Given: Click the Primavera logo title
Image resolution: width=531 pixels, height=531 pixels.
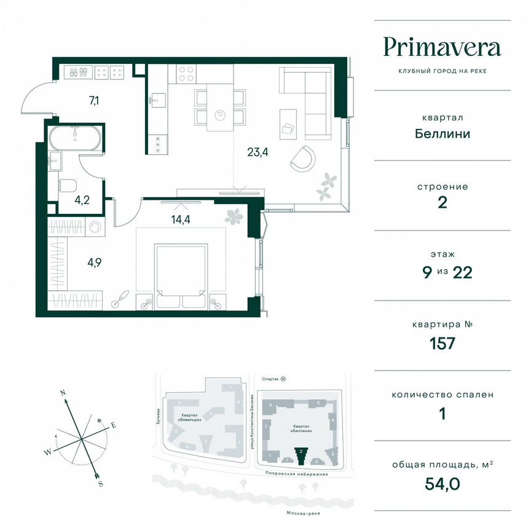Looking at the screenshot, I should (x=442, y=47).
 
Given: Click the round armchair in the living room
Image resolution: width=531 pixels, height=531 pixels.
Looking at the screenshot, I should (x=303, y=159).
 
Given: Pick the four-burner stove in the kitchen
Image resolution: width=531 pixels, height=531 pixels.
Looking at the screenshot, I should (x=186, y=73).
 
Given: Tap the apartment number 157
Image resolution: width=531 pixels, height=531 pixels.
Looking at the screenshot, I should (x=442, y=343).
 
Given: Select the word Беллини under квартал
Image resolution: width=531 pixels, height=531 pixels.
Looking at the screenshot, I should (x=442, y=133).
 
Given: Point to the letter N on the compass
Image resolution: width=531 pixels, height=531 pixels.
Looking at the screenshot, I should (x=63, y=391).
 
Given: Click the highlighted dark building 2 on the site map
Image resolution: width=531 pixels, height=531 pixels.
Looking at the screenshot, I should (x=301, y=455).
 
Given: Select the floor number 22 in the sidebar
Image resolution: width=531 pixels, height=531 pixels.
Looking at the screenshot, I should (x=461, y=273).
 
